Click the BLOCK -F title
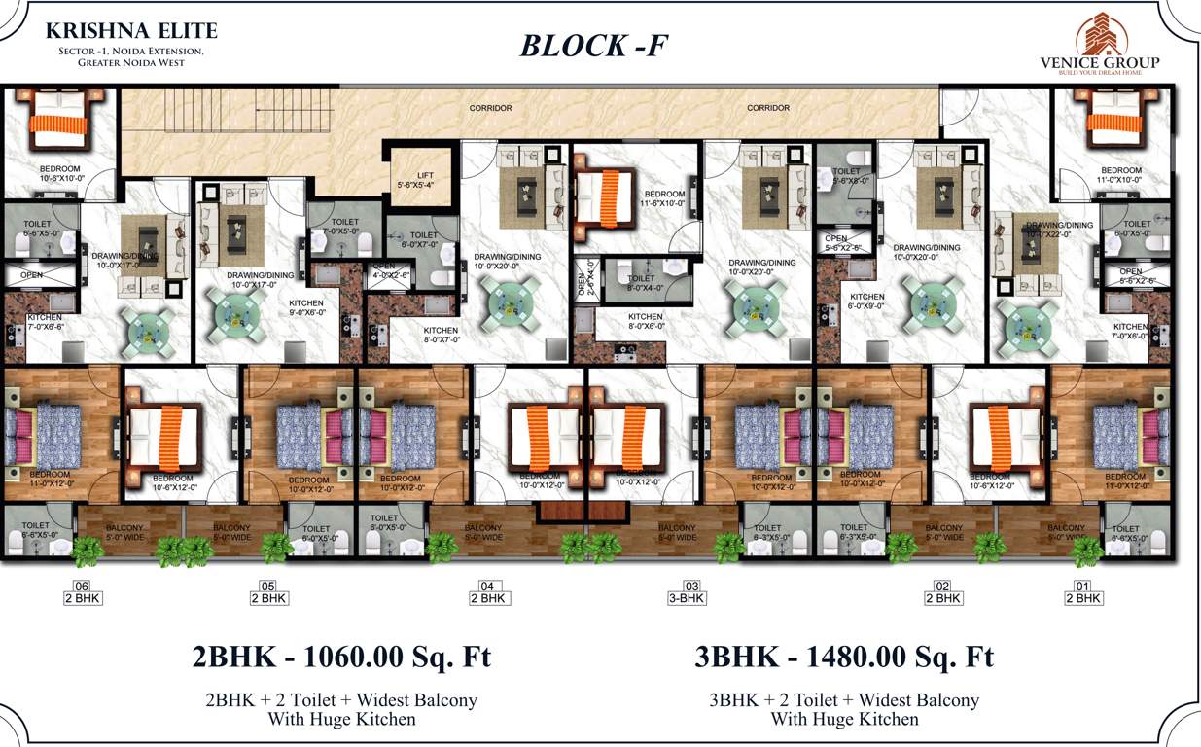pyautogui.click(x=593, y=45)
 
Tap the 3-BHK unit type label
pyautogui.click(x=687, y=598)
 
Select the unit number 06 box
pyautogui.click(x=81, y=586)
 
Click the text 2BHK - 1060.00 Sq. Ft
pyautogui.click(x=341, y=657)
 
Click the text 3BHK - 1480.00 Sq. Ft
pyautogui.click(x=844, y=657)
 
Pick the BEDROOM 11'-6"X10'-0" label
pyautogui.click(x=664, y=199)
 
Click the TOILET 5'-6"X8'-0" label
pyautogui.click(x=847, y=176)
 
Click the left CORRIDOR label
pyautogui.click(x=490, y=108)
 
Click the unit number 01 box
pyautogui.click(x=1081, y=586)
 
